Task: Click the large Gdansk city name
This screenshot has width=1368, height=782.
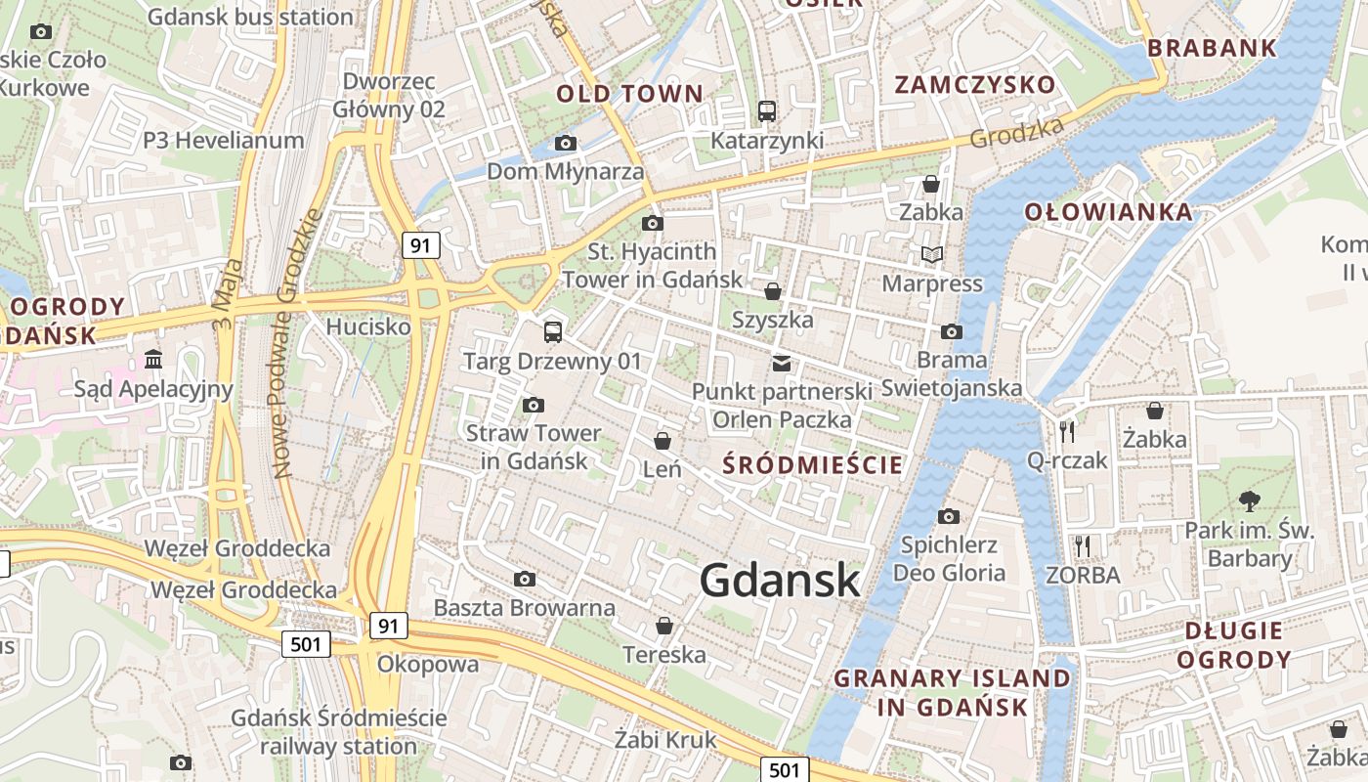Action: pos(780,581)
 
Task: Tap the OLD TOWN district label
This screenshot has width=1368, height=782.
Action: pos(629,94)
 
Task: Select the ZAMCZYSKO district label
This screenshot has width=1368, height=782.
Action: pos(975,84)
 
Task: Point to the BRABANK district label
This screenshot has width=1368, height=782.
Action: pos(1212,47)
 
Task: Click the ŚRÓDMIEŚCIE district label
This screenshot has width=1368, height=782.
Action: pos(813,464)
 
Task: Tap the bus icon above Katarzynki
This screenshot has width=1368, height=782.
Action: pos(767,111)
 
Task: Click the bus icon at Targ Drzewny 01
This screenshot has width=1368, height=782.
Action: pos(553,332)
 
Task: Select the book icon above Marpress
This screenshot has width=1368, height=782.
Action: pos(932,255)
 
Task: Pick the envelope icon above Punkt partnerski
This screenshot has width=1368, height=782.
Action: pos(782,364)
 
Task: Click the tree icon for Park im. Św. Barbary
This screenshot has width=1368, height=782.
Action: pos(1249,502)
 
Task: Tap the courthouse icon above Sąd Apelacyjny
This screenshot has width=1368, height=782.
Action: pos(153,360)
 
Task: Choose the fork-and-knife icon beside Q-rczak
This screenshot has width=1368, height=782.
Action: pos(1067,431)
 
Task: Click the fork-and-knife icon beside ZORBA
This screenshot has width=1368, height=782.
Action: pos(1082,545)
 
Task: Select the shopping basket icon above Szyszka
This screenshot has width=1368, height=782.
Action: pos(773,291)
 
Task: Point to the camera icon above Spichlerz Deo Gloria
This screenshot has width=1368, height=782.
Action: pos(948,516)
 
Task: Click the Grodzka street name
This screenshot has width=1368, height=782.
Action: pos(1016,133)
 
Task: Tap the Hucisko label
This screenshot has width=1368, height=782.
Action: pos(368,326)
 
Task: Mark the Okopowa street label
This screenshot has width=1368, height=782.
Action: pos(428,665)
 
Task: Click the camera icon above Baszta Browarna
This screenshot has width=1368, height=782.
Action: pos(525,579)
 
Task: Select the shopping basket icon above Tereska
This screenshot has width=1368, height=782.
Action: pos(664,626)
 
